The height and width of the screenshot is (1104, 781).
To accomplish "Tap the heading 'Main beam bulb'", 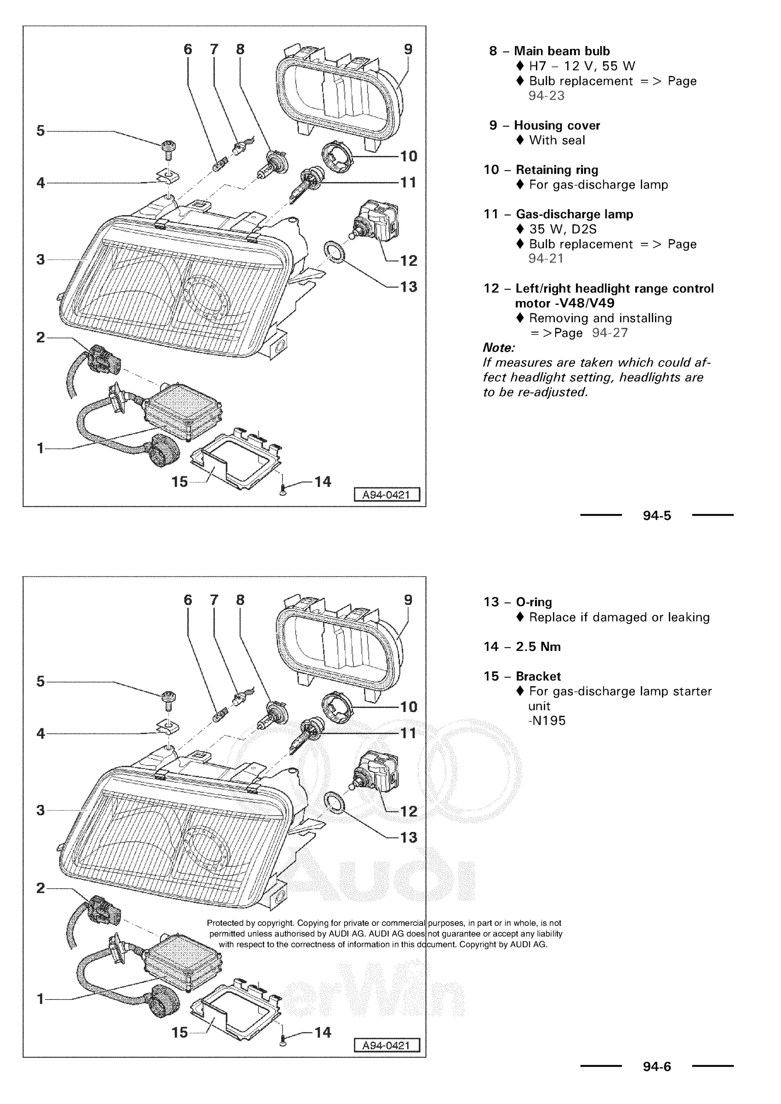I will pos(561,51).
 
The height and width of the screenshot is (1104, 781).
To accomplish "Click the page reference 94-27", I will pos(610,333).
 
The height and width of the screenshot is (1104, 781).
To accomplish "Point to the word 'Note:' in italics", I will pos(499,348).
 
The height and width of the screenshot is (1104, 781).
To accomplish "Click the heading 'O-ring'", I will pos(534,602).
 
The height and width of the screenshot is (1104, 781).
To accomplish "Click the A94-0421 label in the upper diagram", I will pos(387,494).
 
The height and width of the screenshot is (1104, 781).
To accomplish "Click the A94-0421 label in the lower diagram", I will pos(387,1045).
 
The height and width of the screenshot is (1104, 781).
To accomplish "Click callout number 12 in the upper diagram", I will pos(409,261).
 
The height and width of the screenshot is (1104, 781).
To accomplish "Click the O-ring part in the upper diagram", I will pos(335,252).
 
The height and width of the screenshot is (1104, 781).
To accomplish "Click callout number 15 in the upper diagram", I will pos(179,481).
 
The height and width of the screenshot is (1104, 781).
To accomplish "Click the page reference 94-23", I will pos(546,96).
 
